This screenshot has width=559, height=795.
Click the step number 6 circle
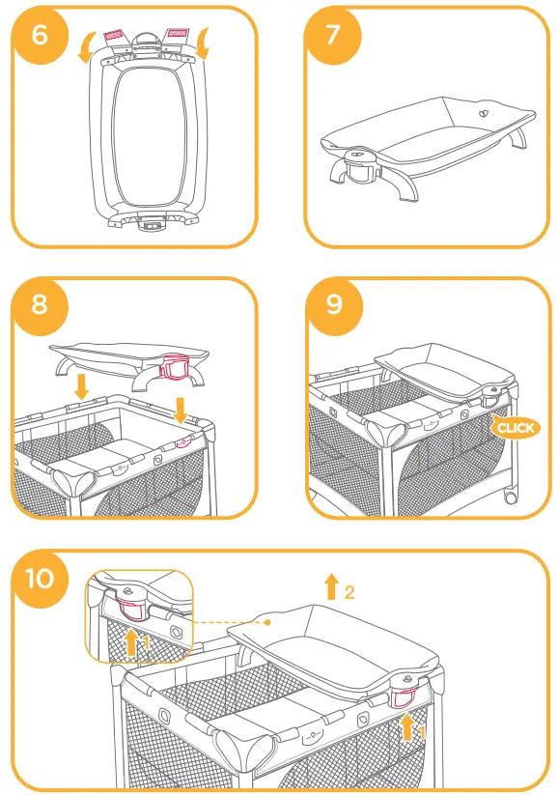coord(40,35)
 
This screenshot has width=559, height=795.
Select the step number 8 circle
coord(40,304)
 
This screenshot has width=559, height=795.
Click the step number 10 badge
coord(41,578)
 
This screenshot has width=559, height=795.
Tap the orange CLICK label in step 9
coord(514,427)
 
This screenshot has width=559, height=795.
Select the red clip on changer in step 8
coord(176,366)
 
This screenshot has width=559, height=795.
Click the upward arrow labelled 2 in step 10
coord(331,585)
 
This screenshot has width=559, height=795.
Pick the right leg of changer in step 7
coord(519,134)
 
